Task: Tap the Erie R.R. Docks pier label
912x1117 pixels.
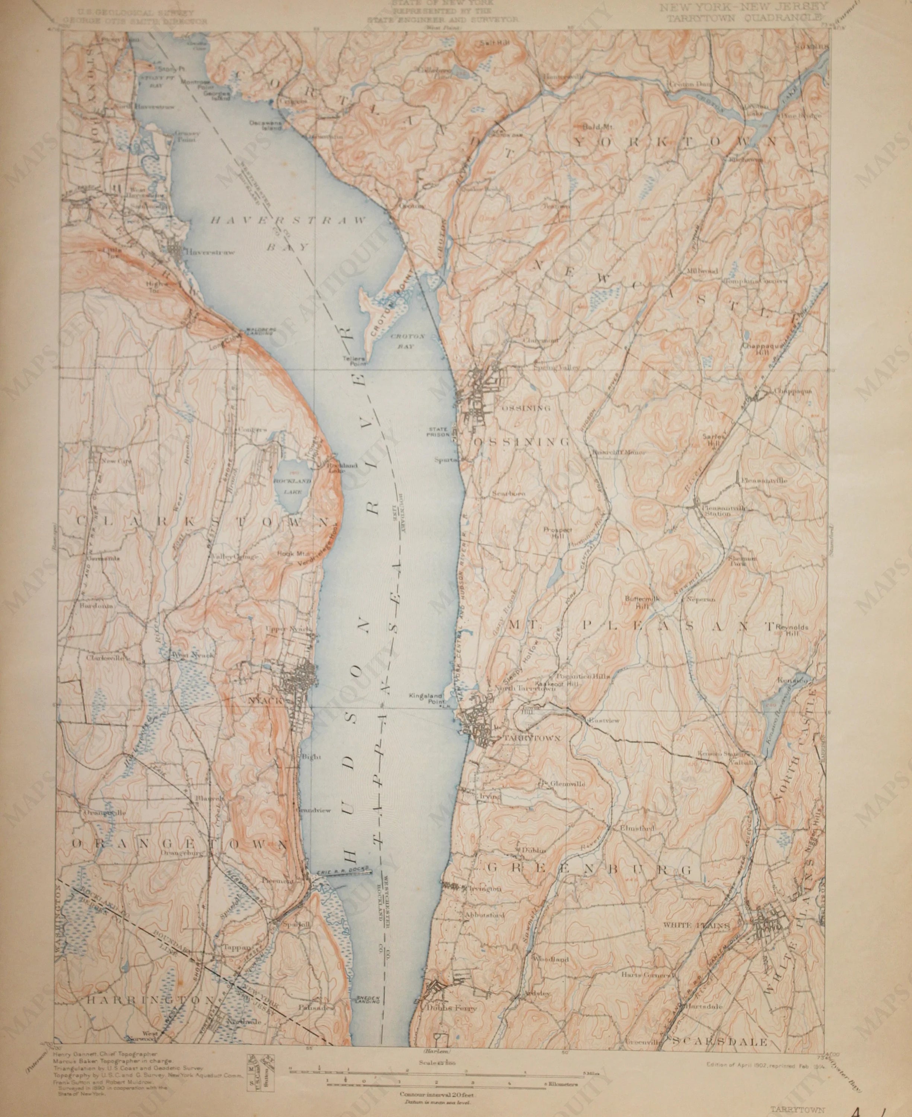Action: pyautogui.click(x=344, y=872)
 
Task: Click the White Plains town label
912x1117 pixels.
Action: pyautogui.click(x=696, y=939)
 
